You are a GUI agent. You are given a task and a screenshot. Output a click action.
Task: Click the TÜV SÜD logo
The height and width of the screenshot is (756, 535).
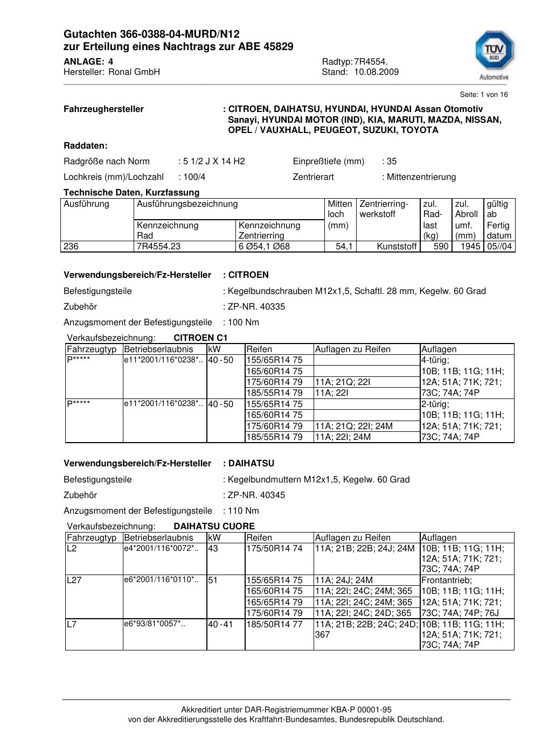(494, 53)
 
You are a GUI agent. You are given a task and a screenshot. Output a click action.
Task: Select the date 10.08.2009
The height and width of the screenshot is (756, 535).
(376, 72)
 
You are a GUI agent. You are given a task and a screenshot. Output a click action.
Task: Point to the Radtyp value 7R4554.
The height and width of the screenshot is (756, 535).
(371, 62)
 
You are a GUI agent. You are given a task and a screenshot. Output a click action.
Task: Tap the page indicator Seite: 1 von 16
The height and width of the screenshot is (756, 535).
(484, 95)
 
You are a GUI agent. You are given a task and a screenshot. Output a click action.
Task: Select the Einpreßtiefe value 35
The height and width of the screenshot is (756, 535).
(392, 162)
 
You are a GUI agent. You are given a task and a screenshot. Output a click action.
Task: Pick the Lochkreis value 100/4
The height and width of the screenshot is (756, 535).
(194, 177)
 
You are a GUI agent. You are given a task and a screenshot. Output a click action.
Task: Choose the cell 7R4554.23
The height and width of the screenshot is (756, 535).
(159, 247)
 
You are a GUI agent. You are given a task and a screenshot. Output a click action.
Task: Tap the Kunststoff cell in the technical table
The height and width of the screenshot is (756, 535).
(397, 247)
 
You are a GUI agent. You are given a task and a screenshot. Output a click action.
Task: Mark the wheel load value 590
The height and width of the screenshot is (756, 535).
(441, 247)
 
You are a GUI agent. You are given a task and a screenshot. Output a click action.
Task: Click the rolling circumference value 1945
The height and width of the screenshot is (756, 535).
(470, 247)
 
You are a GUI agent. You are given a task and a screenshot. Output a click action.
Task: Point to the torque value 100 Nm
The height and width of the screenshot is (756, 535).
(244, 323)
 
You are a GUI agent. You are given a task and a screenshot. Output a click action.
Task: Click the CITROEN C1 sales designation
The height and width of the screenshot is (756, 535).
(200, 338)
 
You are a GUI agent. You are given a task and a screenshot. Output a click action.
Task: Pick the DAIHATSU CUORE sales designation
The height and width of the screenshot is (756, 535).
(214, 527)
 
